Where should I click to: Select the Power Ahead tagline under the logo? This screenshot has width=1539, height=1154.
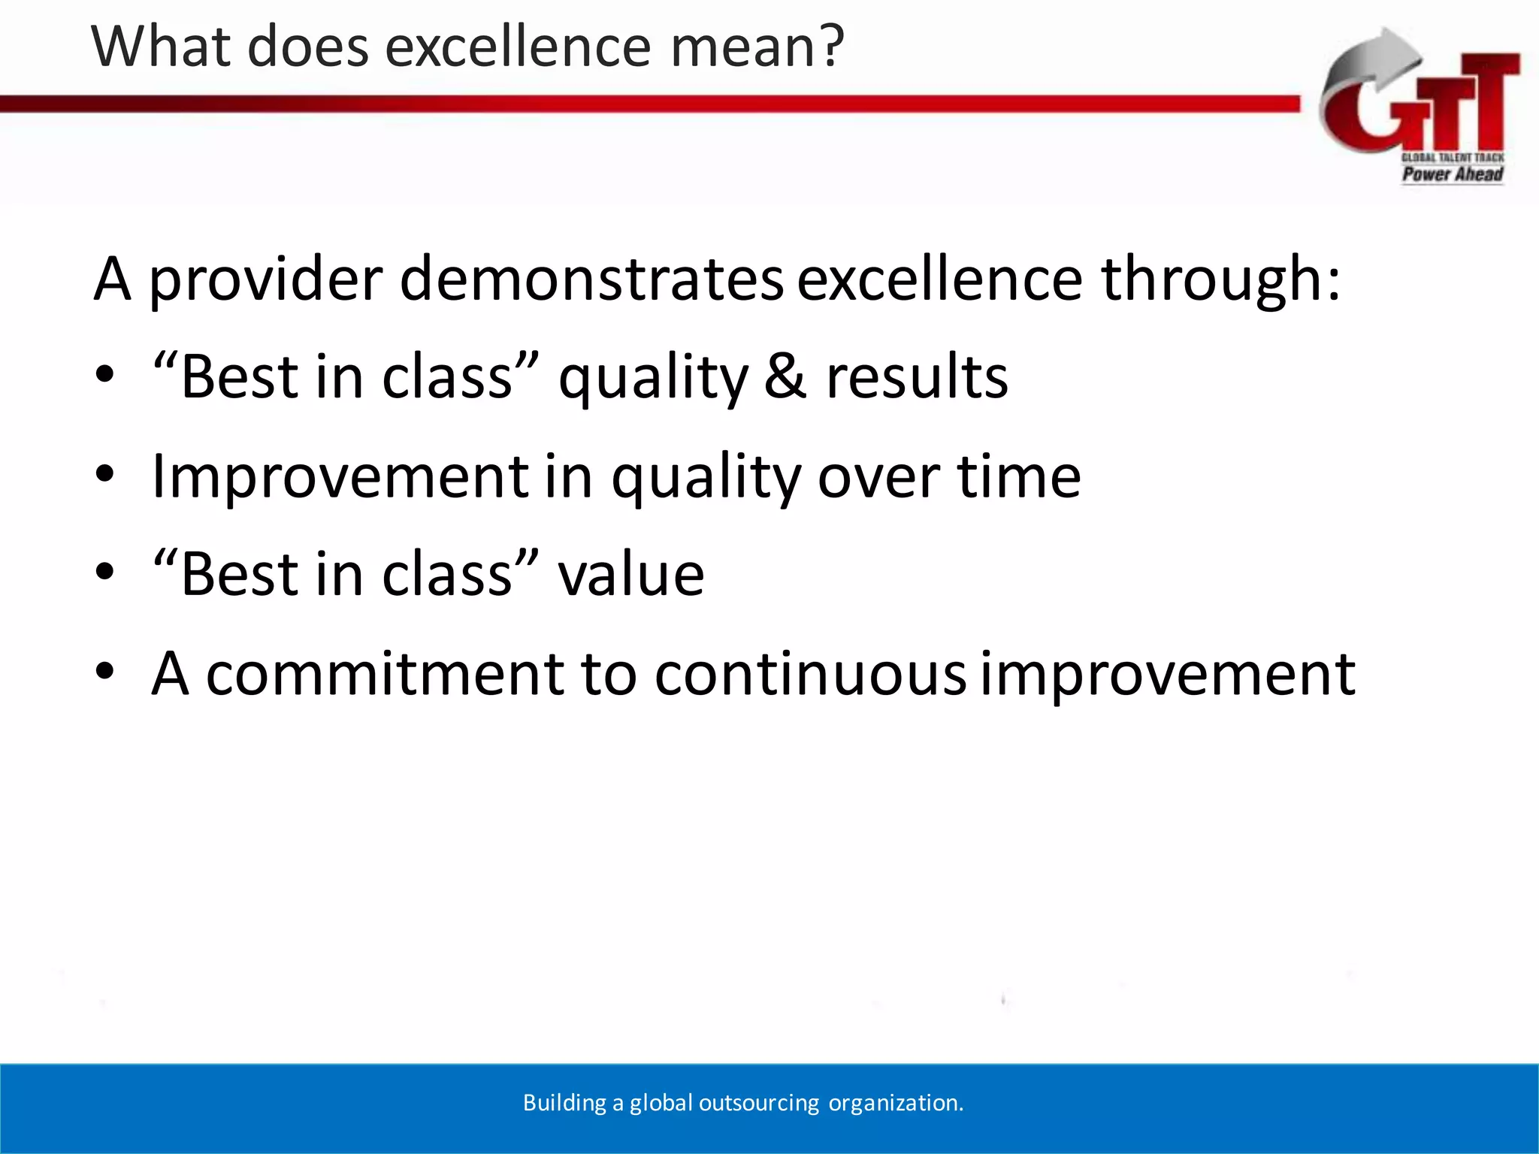pyautogui.click(x=1452, y=174)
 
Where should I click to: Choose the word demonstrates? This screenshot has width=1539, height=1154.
pyautogui.click(x=591, y=279)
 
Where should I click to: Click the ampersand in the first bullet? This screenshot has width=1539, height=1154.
pyautogui.click(x=785, y=376)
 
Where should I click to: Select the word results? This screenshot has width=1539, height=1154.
pyautogui.click(x=917, y=376)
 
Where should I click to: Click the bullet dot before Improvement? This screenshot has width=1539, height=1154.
pyautogui.click(x=104, y=474)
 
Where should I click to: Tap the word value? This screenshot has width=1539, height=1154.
pyautogui.click(x=630, y=575)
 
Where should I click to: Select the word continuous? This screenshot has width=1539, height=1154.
pyautogui.click(x=810, y=673)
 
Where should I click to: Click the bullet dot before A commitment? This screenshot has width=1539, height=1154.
pyautogui.click(x=104, y=671)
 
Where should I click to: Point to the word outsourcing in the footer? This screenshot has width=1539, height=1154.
pyautogui.click(x=758, y=1103)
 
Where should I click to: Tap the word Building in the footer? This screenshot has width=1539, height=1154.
pyautogui.click(x=564, y=1103)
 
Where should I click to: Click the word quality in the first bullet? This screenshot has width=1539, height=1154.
pyautogui.click(x=653, y=378)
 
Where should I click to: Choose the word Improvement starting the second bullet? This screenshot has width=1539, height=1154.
pyautogui.click(x=340, y=476)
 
